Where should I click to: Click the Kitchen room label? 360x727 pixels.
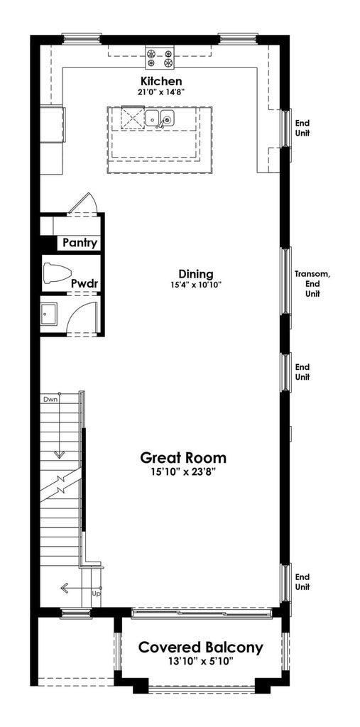[160, 82]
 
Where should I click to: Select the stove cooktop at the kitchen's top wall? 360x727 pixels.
[160, 55]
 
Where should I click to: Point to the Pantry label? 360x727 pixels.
[79, 243]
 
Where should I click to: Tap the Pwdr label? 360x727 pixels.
[84, 284]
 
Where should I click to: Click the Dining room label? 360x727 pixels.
[195, 274]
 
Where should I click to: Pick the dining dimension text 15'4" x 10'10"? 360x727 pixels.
[195, 285]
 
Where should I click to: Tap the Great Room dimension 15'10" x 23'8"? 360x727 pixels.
[183, 471]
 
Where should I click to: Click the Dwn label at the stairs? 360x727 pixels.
[50, 400]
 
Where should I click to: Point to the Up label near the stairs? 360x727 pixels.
[96, 593]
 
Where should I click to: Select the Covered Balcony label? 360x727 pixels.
[200, 647]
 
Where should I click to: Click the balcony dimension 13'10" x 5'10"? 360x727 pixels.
[200, 661]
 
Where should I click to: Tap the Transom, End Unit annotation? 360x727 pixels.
[312, 284]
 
